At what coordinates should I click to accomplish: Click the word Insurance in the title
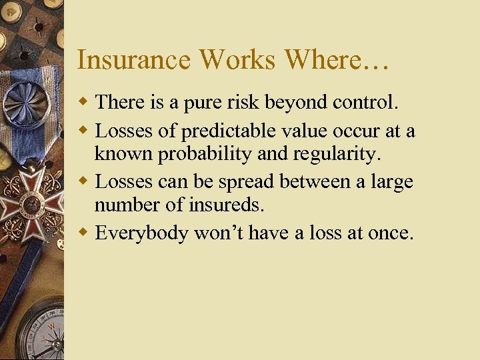coord(134,59)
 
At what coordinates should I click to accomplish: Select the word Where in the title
coord(321,59)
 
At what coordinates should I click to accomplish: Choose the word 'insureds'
coord(227,206)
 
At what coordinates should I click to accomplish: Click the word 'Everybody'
coord(141,234)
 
